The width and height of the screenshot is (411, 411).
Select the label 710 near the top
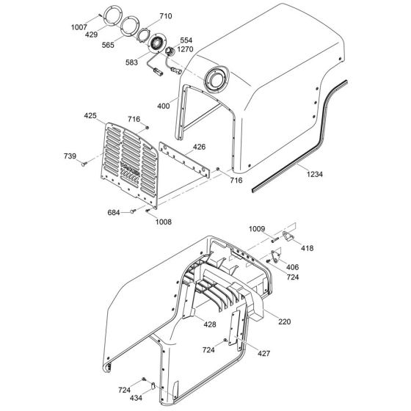point(165,16)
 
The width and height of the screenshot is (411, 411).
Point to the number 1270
point(184,50)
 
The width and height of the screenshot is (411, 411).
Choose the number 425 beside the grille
point(90,115)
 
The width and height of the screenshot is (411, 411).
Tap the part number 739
point(69,156)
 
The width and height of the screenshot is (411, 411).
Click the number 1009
point(256,230)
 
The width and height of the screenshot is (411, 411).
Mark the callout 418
point(306,249)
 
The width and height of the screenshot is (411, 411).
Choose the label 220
point(284,321)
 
